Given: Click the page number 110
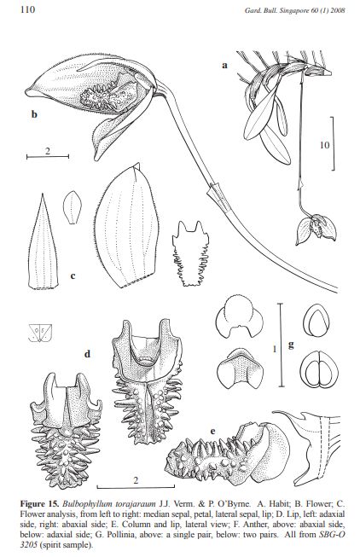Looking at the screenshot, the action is (x=27, y=9).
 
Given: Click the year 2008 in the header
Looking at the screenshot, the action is (x=338, y=10).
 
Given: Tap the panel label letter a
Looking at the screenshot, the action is (x=224, y=66).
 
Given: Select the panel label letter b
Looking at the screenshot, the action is (x=34, y=114).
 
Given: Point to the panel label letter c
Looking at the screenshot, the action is (x=73, y=276).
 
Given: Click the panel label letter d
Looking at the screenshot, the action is (x=87, y=353).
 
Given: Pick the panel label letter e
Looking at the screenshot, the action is (x=213, y=432).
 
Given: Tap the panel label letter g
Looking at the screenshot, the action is (x=291, y=345).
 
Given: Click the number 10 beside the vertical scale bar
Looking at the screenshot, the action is (x=324, y=145).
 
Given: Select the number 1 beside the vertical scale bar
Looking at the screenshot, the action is (x=275, y=349).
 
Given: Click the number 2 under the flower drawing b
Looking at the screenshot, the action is (x=48, y=151).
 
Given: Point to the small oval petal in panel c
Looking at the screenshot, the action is (x=73, y=207).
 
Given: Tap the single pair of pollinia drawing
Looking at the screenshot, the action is (x=316, y=320).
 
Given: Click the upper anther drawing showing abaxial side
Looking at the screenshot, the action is (x=240, y=316).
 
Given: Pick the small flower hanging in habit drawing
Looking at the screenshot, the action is (x=316, y=229).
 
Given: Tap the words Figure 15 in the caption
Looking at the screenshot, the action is (x=40, y=504).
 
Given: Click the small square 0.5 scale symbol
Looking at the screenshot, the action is (x=40, y=333).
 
